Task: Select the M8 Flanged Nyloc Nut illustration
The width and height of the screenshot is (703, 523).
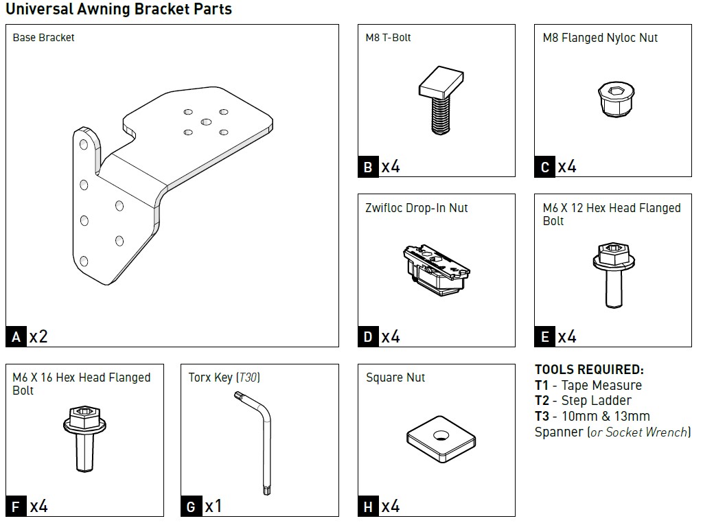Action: click(613, 100)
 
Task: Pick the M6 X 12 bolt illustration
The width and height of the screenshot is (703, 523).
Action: click(613, 274)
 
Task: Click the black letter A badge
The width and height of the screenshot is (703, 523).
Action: click(16, 337)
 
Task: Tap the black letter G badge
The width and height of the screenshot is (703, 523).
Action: click(192, 507)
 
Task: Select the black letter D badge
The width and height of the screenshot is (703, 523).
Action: click(369, 337)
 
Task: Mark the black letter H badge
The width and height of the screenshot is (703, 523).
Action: click(369, 507)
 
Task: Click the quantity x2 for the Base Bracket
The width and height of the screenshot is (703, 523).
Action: click(38, 337)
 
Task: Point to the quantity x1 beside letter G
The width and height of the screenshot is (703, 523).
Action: click(214, 507)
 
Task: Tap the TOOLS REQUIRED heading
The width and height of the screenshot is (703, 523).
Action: click(589, 370)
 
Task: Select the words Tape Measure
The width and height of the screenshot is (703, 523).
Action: click(601, 386)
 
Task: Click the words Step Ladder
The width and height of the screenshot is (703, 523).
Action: click(597, 401)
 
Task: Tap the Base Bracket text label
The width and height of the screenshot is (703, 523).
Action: click(43, 38)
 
